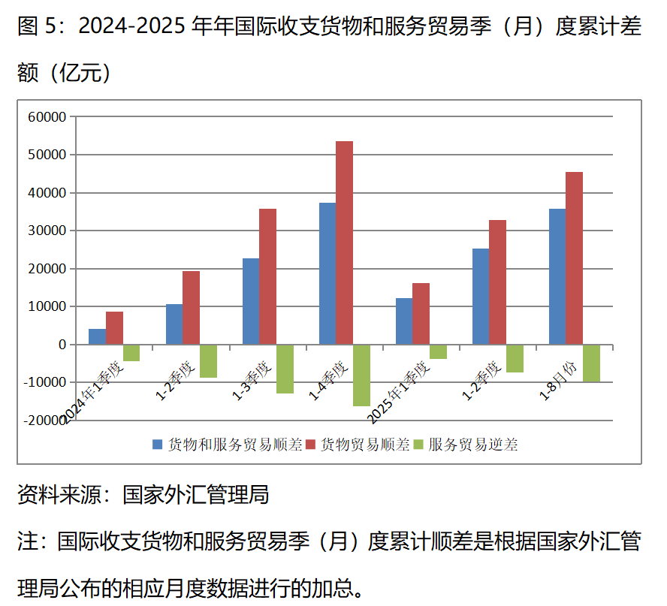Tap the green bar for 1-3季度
coord(285,369)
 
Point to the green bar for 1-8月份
coord(591,363)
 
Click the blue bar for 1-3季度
coord(251,301)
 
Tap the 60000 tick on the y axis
coord(47,117)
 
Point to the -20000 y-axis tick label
coord(44,421)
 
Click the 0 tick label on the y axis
coord(62,345)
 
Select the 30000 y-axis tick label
coord(47,231)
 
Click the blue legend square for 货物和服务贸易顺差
coord(158,445)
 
